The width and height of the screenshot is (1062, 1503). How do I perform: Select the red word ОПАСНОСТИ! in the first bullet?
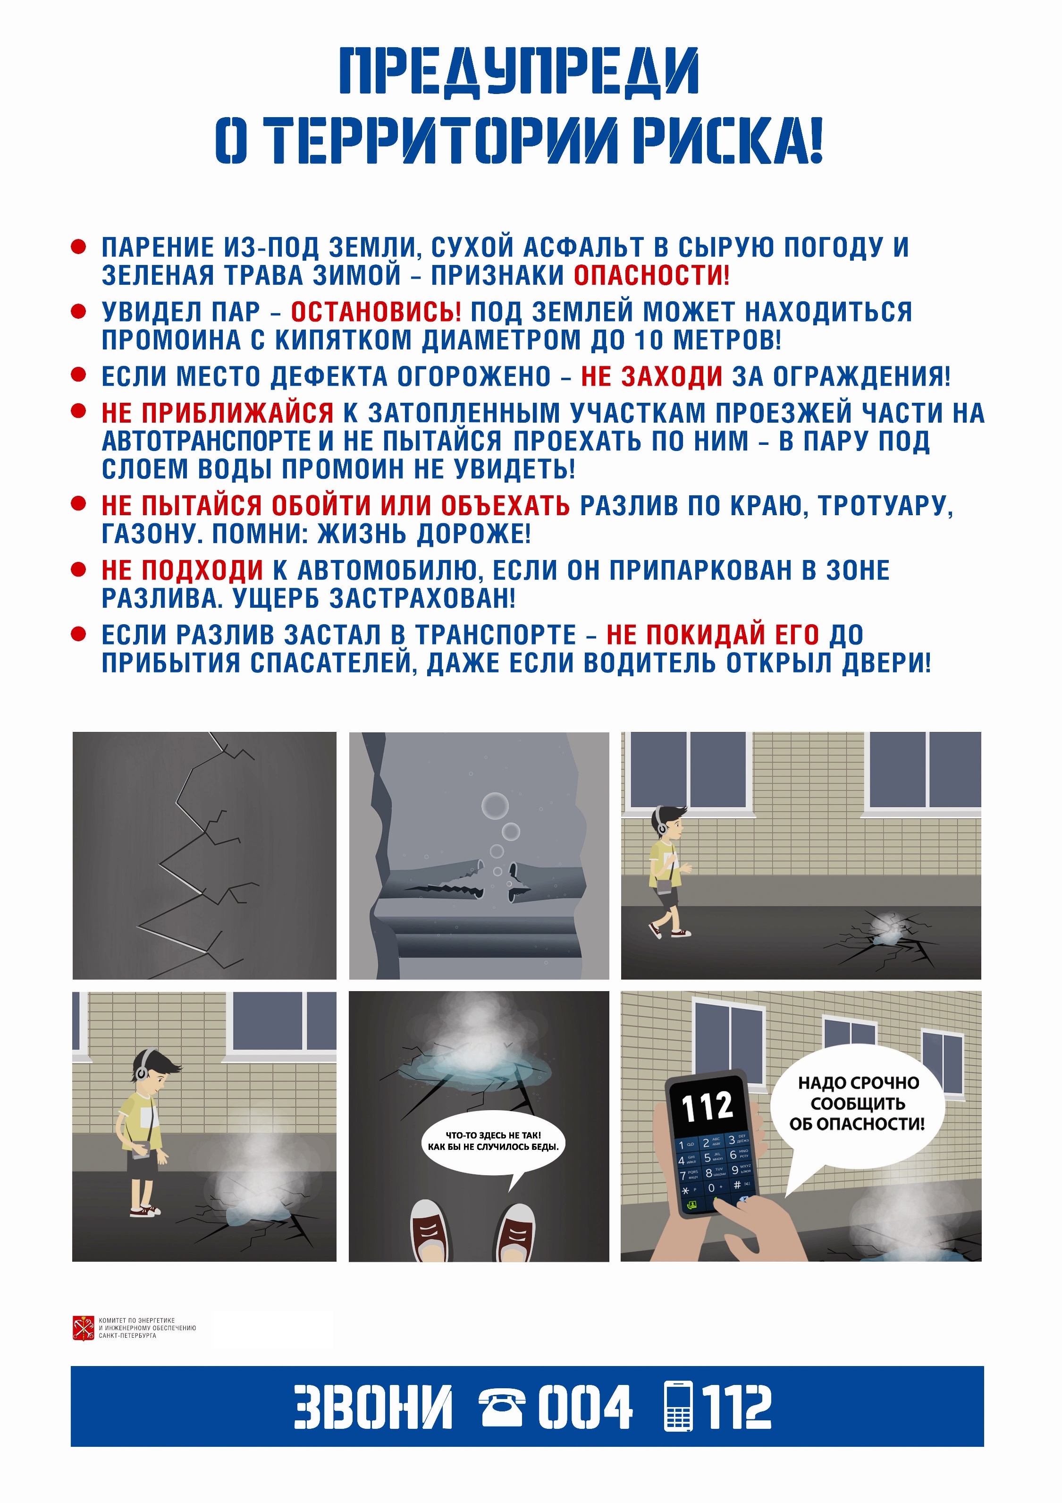point(651,275)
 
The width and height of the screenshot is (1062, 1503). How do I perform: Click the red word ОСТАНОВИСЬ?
point(376,312)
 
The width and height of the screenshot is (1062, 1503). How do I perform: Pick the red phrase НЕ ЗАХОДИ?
point(652,376)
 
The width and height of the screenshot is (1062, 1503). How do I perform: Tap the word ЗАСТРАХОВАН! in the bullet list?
point(422,598)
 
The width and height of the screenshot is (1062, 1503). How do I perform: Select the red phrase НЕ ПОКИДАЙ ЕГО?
point(713,634)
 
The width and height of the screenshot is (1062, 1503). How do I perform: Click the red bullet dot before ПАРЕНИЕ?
point(78,247)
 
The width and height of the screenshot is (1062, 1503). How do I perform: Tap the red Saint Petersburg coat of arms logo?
point(84,1327)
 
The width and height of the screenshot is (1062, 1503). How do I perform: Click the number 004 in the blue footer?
point(585,1406)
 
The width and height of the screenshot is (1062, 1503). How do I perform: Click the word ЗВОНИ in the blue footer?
point(373,1406)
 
